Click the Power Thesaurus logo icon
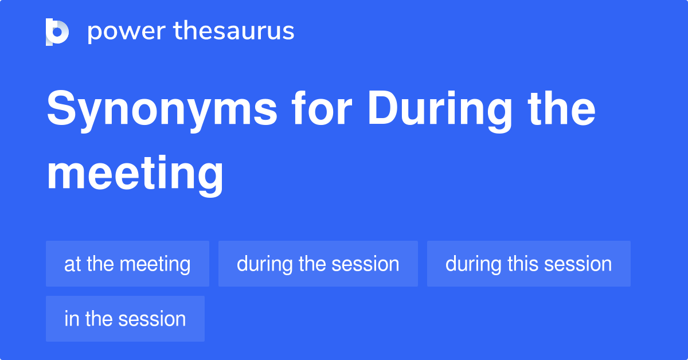[x=57, y=32]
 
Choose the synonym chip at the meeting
[x=127, y=264]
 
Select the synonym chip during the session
[x=318, y=264]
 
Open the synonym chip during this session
[x=528, y=264]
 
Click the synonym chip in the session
[x=125, y=319]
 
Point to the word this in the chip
[x=522, y=264]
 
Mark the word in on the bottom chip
[x=71, y=319]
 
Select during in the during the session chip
[x=265, y=264]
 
